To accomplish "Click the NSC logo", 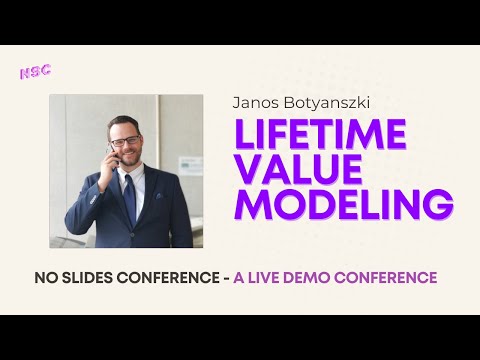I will [36, 73].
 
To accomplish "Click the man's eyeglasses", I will [125, 141].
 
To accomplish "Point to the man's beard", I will [126, 160].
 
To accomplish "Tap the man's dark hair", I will [124, 124].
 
